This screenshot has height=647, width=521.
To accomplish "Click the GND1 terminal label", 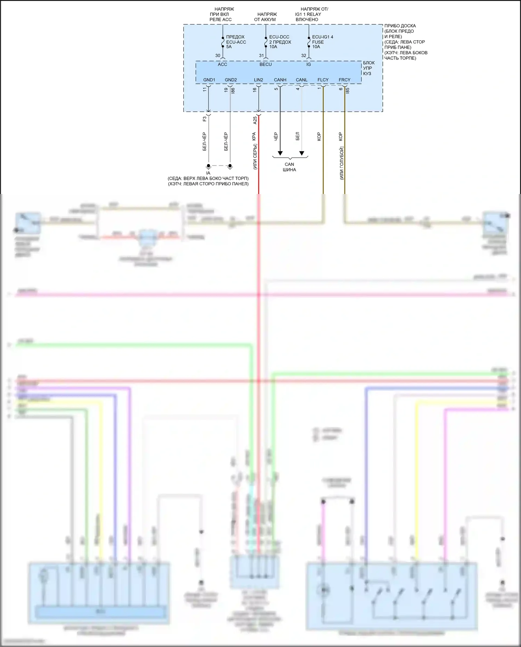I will pyautogui.click(x=209, y=80).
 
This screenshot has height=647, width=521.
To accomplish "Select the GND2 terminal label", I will pyautogui.click(x=231, y=80).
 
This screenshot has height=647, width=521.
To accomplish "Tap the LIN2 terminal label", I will pyautogui.click(x=258, y=80).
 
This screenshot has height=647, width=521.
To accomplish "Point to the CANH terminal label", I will pyautogui.click(x=280, y=80).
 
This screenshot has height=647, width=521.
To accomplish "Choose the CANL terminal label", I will pyautogui.click(x=301, y=80).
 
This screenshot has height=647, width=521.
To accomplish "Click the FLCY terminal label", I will pyautogui.click(x=323, y=80).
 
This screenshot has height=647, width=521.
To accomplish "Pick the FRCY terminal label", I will pyautogui.click(x=345, y=80).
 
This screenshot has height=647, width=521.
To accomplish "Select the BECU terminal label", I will pyautogui.click(x=266, y=64).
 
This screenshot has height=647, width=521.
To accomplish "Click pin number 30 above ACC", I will pyautogui.click(x=218, y=56).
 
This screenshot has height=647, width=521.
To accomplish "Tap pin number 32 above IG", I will pyautogui.click(x=304, y=56).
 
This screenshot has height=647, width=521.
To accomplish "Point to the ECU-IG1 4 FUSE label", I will pyautogui.click(x=322, y=42).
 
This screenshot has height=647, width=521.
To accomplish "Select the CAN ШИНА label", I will pyautogui.click(x=289, y=167).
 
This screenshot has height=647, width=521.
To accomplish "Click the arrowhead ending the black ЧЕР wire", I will pyautogui.click(x=280, y=153).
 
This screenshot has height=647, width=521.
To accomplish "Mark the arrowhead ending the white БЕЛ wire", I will pyautogui.click(x=302, y=153).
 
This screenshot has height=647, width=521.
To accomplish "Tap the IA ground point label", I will pyautogui.click(x=208, y=173).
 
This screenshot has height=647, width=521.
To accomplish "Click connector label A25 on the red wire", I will pyautogui.click(x=255, y=120).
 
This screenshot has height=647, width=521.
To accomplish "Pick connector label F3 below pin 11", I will pyautogui.click(x=205, y=119).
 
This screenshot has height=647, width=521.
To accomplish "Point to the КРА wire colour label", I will pyautogui.click(x=254, y=137).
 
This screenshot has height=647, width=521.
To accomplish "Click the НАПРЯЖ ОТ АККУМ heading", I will pyautogui.click(x=266, y=17).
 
